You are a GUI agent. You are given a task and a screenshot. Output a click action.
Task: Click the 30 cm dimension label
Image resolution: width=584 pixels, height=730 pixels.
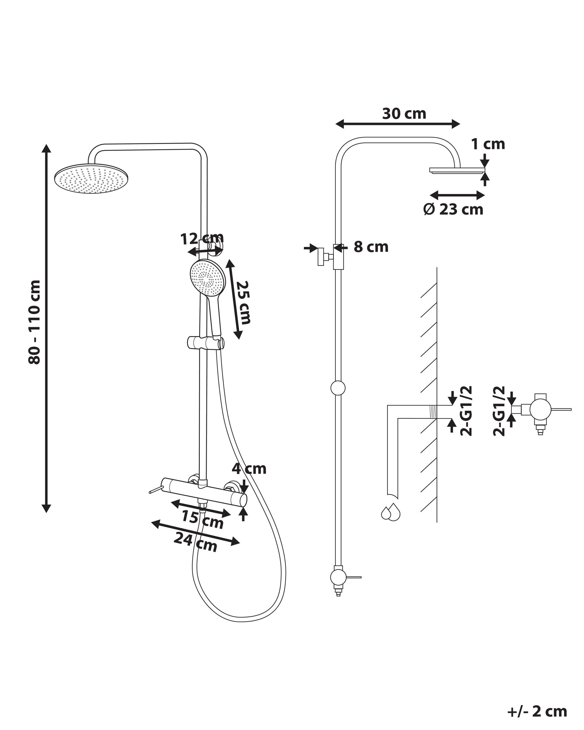tap(404, 114)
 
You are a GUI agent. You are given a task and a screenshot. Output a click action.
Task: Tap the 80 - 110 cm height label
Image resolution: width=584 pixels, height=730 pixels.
tap(34, 322)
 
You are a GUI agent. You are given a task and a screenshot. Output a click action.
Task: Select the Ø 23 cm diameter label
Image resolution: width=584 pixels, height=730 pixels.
tap(453, 210)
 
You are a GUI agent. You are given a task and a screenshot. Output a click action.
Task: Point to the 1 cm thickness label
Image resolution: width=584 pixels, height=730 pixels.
tap(488, 144)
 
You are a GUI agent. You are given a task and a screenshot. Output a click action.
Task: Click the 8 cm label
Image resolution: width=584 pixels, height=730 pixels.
tap(371, 247)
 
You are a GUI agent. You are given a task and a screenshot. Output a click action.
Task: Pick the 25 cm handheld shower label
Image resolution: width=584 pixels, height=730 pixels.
tap(244, 302)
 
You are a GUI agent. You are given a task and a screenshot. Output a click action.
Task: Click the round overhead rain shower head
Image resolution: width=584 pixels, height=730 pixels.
tap(92, 179)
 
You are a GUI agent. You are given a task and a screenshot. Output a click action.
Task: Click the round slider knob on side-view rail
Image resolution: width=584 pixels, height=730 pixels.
tap(338, 388)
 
